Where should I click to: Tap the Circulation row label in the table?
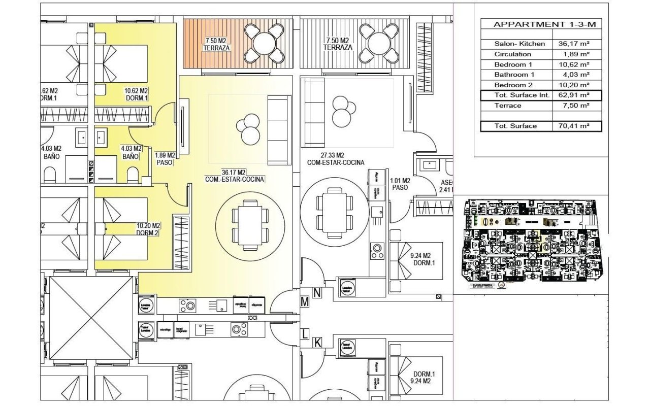tap(513, 54)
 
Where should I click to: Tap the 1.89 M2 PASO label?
tap(166, 159)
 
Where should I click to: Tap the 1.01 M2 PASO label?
tap(400, 184)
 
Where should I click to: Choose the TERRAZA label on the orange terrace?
tap(216, 48)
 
